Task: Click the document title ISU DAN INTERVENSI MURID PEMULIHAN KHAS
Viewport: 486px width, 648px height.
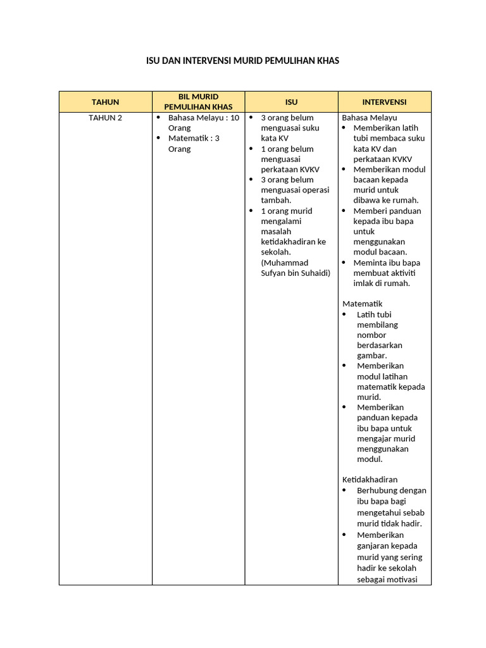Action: click(x=243, y=61)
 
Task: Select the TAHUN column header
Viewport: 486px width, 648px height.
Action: click(x=105, y=102)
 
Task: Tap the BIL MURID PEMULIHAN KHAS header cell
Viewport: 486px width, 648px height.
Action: click(x=198, y=101)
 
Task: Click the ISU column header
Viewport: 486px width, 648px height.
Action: click(x=291, y=102)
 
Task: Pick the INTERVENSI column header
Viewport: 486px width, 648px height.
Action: click(x=384, y=102)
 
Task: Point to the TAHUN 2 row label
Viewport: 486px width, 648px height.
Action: click(x=105, y=118)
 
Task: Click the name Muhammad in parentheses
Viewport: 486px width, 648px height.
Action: click(x=285, y=263)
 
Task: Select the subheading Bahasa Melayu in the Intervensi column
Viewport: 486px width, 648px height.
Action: click(x=370, y=118)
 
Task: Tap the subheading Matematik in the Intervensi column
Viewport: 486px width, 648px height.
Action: click(x=363, y=304)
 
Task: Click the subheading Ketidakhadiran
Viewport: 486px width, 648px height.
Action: click(x=370, y=480)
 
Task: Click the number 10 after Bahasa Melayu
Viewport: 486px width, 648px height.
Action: click(x=234, y=118)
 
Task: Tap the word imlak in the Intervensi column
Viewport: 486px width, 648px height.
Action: click(x=365, y=283)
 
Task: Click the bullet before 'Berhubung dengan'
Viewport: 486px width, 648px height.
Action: click(x=345, y=490)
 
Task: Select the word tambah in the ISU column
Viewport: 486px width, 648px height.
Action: click(x=275, y=201)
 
